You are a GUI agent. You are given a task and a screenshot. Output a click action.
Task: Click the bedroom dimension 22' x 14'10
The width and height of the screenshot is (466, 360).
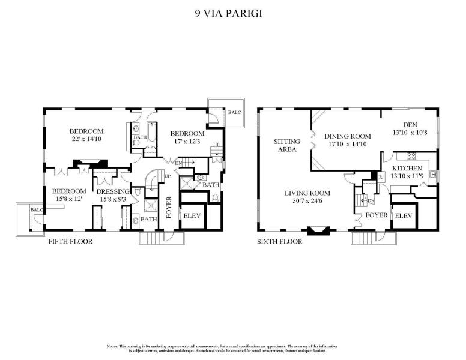click(x=86, y=139)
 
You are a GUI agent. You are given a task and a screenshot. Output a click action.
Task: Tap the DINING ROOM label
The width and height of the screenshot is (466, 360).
click(x=348, y=136)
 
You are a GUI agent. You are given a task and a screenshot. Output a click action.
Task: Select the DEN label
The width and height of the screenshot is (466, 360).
click(x=410, y=125)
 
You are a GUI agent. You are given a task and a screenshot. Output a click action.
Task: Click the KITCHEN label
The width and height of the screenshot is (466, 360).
click(x=407, y=169)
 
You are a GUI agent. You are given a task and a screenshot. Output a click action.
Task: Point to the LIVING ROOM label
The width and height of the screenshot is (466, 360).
click(x=307, y=193)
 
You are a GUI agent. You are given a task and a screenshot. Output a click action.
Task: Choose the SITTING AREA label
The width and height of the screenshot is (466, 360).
click(x=286, y=145)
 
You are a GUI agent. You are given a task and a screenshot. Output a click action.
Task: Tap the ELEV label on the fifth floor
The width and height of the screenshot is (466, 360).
click(x=192, y=215)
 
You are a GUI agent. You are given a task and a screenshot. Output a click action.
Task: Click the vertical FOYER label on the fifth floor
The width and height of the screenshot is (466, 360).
click(x=169, y=206)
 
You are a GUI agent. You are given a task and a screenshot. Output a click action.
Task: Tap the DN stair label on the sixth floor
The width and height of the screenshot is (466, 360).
click(x=371, y=200)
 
